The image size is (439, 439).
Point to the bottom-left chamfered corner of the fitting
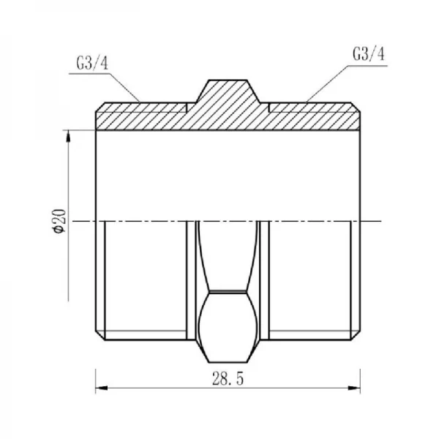click(100, 336)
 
